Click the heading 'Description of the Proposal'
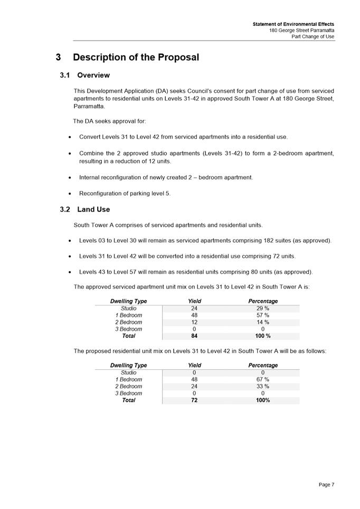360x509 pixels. [136, 57]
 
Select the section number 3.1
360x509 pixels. [66, 75]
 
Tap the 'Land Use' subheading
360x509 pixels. [93, 209]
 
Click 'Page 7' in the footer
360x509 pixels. [326, 484]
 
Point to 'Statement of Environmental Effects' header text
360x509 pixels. [293, 24]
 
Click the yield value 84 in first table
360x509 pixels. [194, 336]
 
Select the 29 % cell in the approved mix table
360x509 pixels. [263, 309]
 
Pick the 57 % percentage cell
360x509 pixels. [263, 315]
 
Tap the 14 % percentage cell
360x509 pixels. [263, 322]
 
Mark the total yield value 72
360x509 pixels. [194, 400]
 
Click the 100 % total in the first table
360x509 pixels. [263, 336]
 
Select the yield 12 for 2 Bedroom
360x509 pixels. [194, 322]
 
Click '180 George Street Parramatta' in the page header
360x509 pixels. [301, 31]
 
